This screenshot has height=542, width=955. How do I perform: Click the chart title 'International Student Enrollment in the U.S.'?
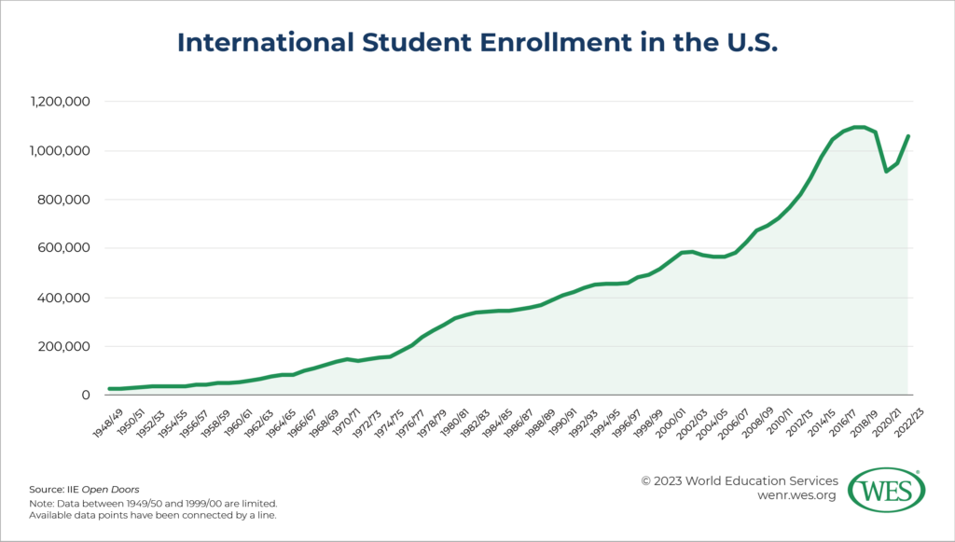tap(477, 42)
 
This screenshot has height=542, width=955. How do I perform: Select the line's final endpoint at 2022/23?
tap(908, 136)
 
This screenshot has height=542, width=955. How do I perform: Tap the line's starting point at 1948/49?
tap(110, 388)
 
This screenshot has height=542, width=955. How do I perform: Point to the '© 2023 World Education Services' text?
tap(740, 480)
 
